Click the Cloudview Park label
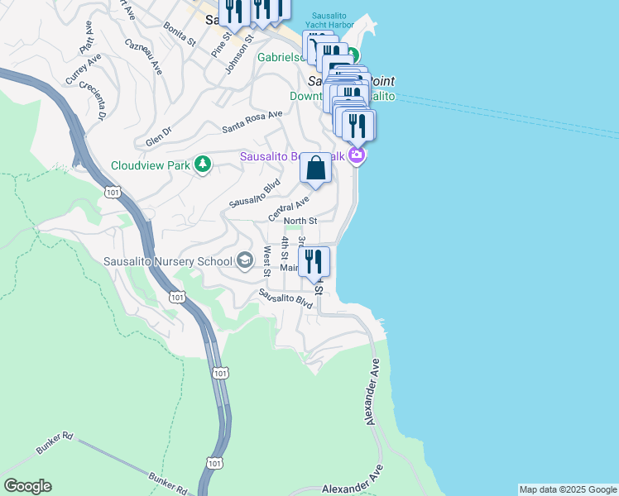[150, 165]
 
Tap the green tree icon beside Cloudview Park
[202, 165]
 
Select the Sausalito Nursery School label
[168, 262]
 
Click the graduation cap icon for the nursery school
[244, 261]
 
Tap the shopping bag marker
[315, 168]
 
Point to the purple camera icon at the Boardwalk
[357, 155]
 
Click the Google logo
[27, 486]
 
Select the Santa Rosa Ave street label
[252, 124]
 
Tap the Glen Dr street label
[157, 131]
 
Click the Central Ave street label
[288, 208]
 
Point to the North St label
[300, 221]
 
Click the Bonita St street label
[179, 35]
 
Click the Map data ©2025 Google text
[567, 489]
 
